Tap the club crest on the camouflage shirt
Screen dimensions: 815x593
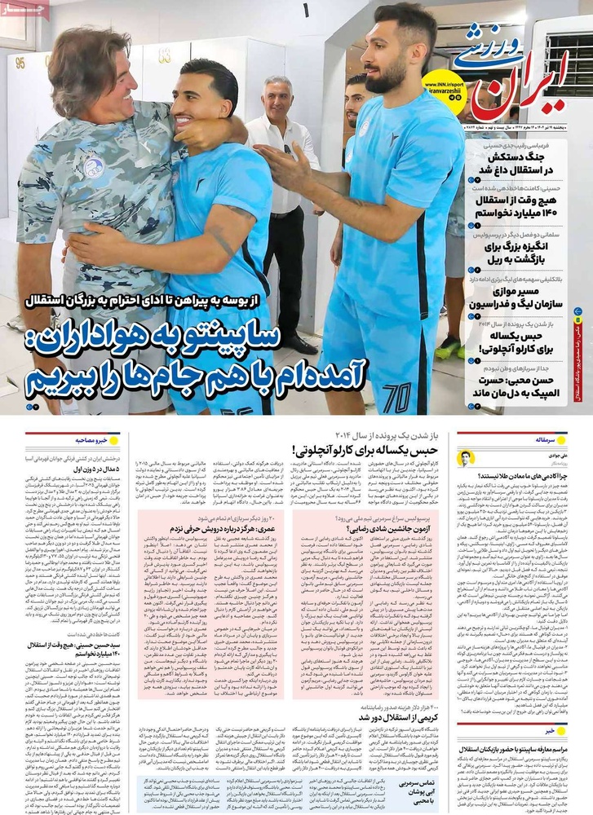coord(93,167)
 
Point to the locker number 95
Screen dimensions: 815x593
coord(20,61)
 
